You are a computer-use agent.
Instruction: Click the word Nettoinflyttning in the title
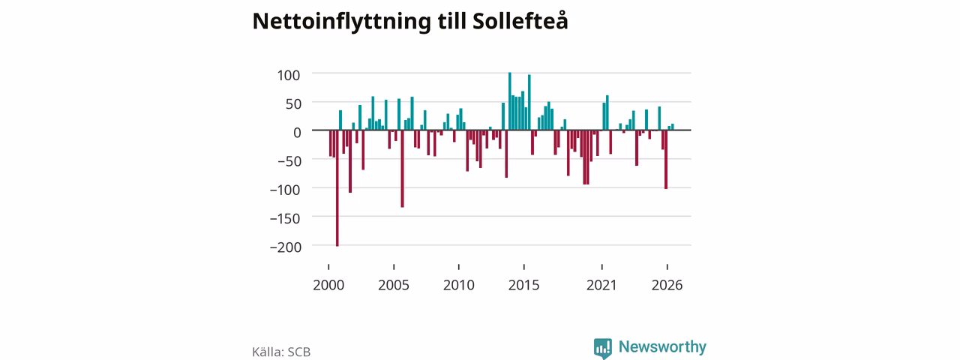click(x=341, y=22)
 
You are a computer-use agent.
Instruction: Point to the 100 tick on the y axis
click(x=289, y=76)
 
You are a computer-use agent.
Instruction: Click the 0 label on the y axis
click(x=297, y=133)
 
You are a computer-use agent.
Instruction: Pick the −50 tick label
click(x=289, y=161)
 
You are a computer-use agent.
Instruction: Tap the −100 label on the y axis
click(x=285, y=190)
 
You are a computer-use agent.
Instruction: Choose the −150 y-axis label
click(x=285, y=218)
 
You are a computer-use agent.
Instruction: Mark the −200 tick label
click(x=286, y=247)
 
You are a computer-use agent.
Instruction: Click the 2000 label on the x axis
click(x=328, y=285)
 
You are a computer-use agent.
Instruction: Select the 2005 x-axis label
click(x=394, y=285)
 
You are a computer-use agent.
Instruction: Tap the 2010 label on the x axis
click(x=459, y=285)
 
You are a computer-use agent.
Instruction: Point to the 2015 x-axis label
click(x=523, y=285)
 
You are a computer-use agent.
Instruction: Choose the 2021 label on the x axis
click(x=601, y=285)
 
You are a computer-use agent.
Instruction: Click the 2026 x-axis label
click(x=667, y=285)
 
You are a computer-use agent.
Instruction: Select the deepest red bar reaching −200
click(x=337, y=188)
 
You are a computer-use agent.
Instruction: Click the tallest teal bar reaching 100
click(x=510, y=101)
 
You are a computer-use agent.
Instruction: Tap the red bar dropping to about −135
click(x=403, y=169)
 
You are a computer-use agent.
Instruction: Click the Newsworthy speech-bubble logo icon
click(x=603, y=349)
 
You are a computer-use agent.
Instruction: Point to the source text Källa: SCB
click(x=281, y=352)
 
